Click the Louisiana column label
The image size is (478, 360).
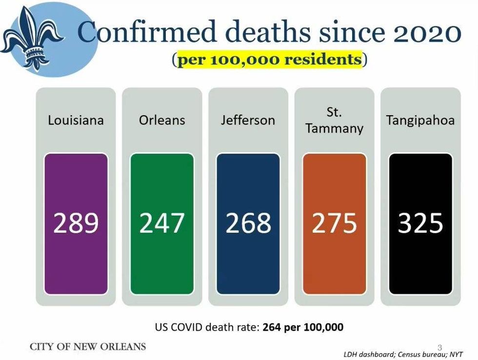click(x=76, y=120)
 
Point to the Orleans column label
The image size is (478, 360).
click(x=162, y=120)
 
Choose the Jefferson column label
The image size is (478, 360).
click(x=248, y=120)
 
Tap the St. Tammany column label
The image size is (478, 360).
click(x=334, y=120)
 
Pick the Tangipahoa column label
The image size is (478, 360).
click(x=420, y=120)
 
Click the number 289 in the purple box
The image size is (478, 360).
click(x=76, y=223)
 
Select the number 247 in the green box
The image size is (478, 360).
click(x=162, y=223)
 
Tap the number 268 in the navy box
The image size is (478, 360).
click(x=248, y=223)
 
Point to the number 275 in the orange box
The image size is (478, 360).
click(x=334, y=223)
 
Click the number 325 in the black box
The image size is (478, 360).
click(x=420, y=223)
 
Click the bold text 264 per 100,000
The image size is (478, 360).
click(x=302, y=327)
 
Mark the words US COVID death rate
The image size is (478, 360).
click(x=207, y=327)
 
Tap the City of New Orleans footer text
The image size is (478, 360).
click(x=88, y=347)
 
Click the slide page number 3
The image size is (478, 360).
click(x=439, y=347)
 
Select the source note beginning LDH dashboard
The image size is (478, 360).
click(x=403, y=354)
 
